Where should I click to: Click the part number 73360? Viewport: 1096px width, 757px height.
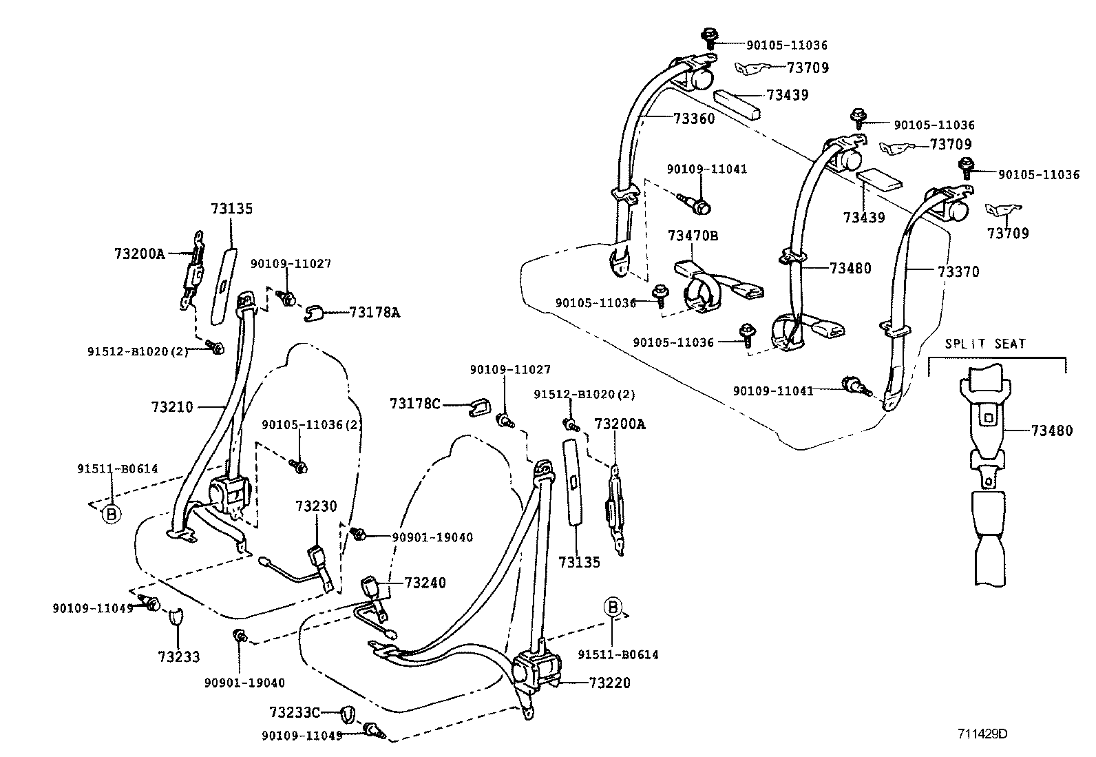coord(694,118)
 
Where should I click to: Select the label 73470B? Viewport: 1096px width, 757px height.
coord(693,236)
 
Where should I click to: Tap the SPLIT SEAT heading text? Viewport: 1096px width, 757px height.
coord(984,344)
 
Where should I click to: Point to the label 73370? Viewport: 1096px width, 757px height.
coord(958,272)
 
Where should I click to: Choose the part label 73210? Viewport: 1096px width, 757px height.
coord(172,407)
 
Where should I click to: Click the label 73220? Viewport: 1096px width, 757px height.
coord(609,683)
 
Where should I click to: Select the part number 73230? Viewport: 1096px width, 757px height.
coord(316,507)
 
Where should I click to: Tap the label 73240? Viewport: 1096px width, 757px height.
coord(425,583)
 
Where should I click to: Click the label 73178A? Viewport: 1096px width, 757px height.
coord(375,313)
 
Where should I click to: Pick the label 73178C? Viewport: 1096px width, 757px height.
coord(414,404)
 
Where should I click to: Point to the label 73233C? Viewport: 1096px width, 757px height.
coord(295,712)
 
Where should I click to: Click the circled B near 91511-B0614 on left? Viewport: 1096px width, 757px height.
coord(110,513)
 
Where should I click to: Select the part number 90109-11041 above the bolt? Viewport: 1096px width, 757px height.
coord(706,169)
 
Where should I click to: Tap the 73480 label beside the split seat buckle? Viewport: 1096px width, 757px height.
coord(1051,432)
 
